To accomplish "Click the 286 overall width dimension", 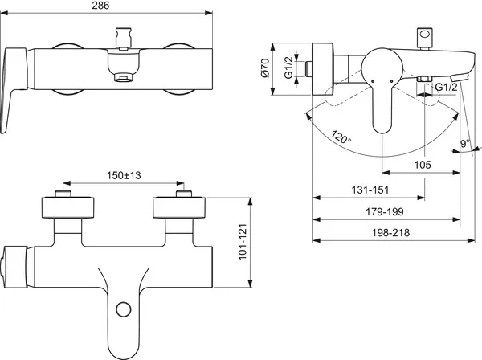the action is pyautogui.click(x=101, y=6).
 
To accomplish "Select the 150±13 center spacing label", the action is pyautogui.click(x=124, y=175).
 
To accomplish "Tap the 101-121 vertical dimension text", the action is pyautogui.click(x=243, y=242).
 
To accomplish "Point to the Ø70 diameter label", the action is pyautogui.click(x=264, y=67).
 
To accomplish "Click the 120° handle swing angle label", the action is pyautogui.click(x=341, y=137).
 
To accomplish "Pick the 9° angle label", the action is pyautogui.click(x=465, y=143).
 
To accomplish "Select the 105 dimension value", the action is pyautogui.click(x=423, y=165).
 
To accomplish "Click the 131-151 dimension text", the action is pyautogui.click(x=370, y=190).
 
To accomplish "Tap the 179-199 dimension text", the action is pyautogui.click(x=385, y=211).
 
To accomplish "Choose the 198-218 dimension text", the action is pyautogui.click(x=390, y=233).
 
